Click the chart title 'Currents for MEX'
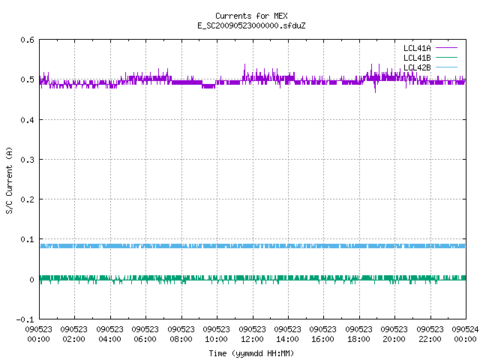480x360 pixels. coord(251,16)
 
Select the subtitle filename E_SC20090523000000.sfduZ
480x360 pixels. coord(251,25)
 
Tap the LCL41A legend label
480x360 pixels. coord(417,48)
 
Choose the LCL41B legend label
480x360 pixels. coord(417,58)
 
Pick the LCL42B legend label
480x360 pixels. coord(417,67)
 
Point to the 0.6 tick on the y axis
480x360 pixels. coord(27,40)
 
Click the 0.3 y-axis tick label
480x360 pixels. coord(27,160)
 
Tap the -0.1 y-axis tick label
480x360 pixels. coord(25,319)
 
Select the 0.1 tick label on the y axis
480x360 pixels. coord(27,239)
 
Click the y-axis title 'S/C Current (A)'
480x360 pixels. coord(9,181)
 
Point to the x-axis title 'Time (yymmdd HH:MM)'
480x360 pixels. coord(251,353)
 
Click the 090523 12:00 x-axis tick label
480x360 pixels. coord(252,334)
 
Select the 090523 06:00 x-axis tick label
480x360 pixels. coord(145,334)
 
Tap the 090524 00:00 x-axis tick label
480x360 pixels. coord(465,334)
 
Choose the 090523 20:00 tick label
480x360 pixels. coord(394,334)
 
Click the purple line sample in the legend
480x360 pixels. coord(447,48)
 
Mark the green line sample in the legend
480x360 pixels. coord(447,58)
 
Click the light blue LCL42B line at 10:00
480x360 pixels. coord(217,246)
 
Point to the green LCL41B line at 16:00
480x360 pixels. coord(323,278)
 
